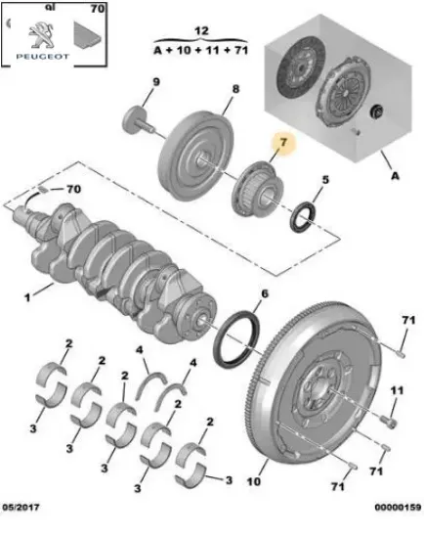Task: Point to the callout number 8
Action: point(234,89)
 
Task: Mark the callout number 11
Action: point(397,391)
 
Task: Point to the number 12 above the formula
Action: point(202,31)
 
